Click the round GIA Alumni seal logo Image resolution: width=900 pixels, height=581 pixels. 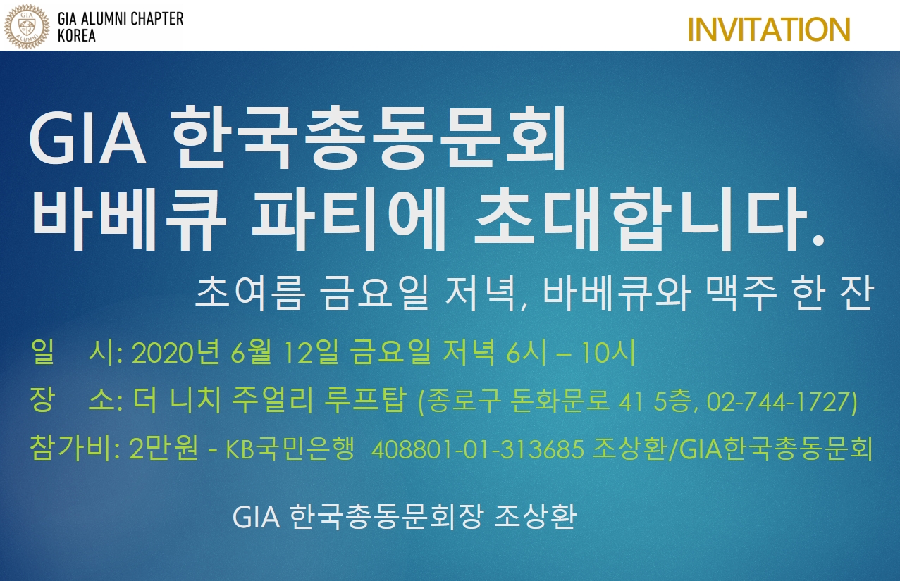click(27, 27)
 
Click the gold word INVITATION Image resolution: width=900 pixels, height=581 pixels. click(769, 30)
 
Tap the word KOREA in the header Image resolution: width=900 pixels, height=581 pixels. click(77, 36)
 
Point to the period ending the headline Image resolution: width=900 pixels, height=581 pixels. click(818, 240)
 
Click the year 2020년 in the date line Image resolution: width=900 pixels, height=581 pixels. click(176, 353)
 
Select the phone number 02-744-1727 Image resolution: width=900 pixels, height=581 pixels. click(778, 401)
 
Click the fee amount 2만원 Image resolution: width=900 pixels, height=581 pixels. click(164, 448)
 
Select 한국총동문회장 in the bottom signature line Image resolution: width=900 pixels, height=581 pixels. click(385, 516)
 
